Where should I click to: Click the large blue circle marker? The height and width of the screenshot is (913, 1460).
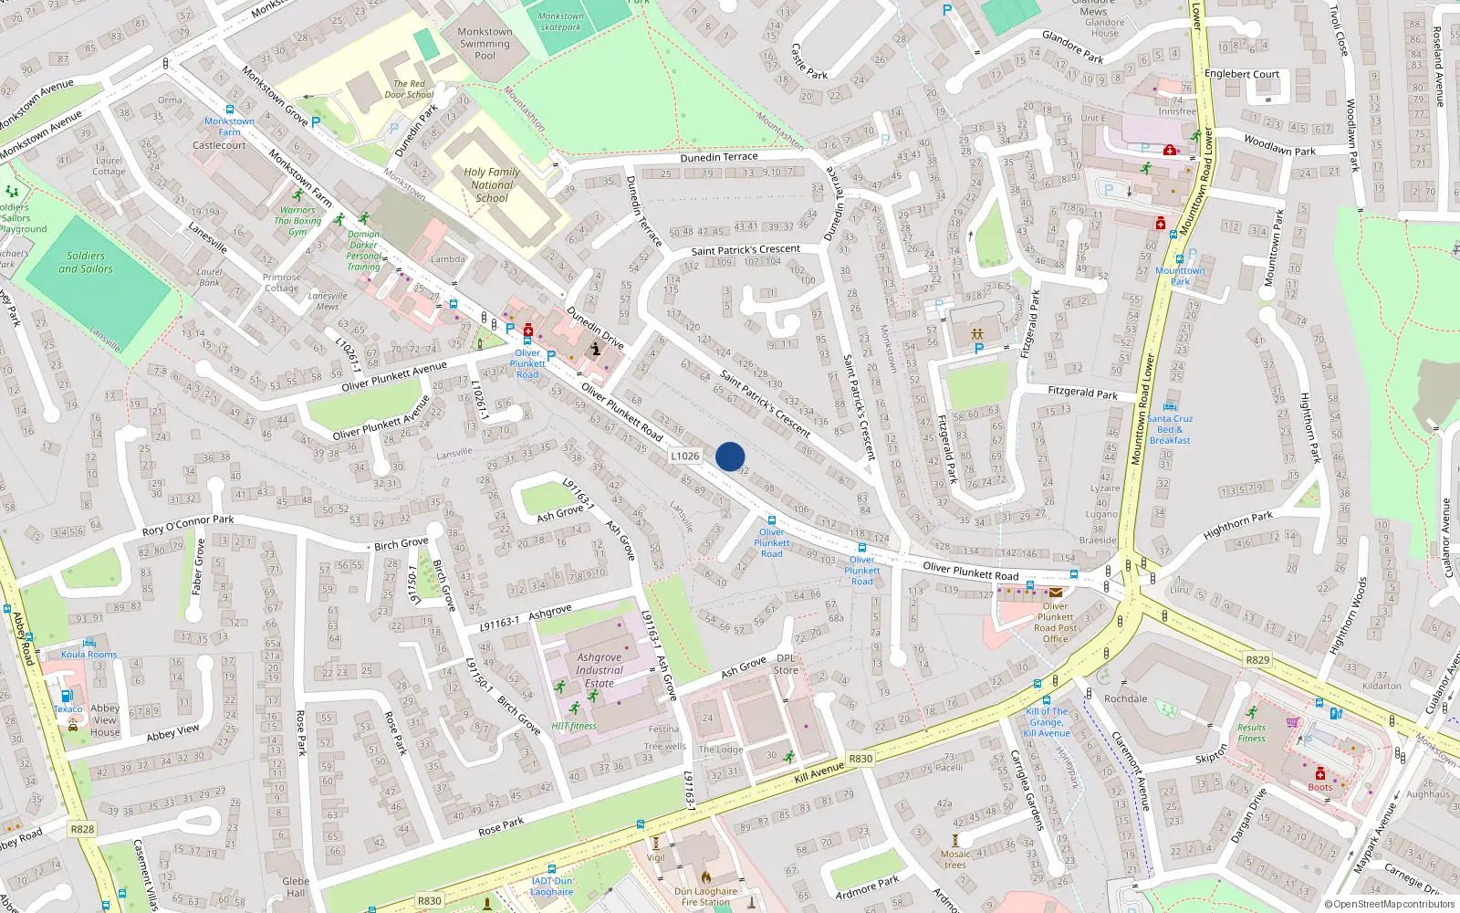pos(730,456)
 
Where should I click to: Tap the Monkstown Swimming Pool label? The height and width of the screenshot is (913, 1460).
pos(485,43)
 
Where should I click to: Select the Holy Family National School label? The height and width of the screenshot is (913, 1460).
pos(492,184)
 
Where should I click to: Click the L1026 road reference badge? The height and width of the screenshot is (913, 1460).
pos(684,456)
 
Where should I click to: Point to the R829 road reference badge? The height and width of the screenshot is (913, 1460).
pos(1257,659)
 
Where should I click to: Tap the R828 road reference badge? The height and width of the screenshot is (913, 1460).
pos(82,829)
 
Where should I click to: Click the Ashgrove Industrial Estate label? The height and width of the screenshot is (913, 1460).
pos(600,670)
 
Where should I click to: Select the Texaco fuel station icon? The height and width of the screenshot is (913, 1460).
pos(67,696)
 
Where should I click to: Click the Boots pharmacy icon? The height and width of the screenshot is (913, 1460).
pos(1319,774)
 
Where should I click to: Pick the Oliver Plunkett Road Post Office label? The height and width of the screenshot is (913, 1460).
pos(1055,622)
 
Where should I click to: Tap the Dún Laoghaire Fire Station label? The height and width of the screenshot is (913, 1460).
pos(705,897)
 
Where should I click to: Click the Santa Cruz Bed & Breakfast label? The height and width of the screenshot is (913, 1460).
pos(1170,429)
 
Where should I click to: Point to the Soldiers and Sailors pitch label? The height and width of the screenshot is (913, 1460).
pos(86,263)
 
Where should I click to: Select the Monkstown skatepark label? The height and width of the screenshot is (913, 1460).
pos(560,21)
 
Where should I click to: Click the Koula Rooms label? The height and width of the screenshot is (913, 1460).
pos(89,655)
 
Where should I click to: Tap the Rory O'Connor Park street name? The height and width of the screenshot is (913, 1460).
pos(188,526)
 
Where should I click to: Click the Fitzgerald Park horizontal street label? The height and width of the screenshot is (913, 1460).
pos(1082,392)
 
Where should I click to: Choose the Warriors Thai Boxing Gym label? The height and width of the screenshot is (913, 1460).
pos(297,221)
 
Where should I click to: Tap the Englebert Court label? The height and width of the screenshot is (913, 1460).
pos(1242,74)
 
